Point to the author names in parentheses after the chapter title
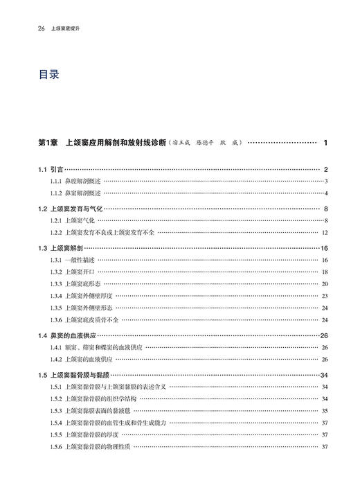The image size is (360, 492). pyautogui.click(x=206, y=143)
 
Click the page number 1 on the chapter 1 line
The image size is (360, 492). pyautogui.click(x=325, y=143)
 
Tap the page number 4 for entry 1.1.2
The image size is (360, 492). pyautogui.click(x=325, y=193)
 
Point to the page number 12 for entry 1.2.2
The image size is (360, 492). pyautogui.click(x=324, y=232)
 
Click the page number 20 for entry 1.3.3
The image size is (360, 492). pyautogui.click(x=324, y=284)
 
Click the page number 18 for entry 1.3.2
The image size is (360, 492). pyautogui.click(x=324, y=272)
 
